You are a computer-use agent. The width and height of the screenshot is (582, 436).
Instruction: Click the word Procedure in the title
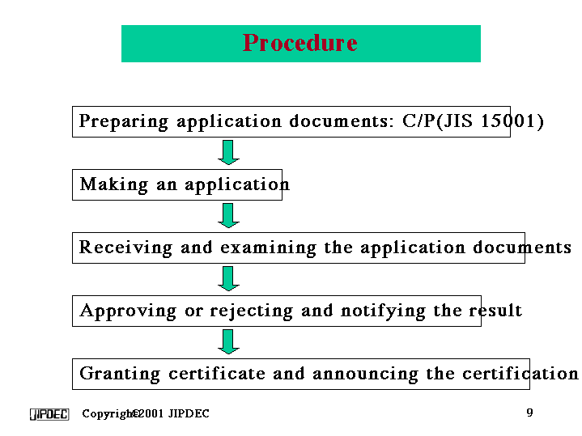point(299,43)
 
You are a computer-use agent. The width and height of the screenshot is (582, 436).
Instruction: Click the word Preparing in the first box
point(124,122)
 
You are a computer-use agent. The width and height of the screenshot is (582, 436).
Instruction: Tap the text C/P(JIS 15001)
point(473,122)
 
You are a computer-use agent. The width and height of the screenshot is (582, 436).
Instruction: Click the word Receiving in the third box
point(125,248)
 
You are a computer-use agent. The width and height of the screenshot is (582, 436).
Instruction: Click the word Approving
point(128,311)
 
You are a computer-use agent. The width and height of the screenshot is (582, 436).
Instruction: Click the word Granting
point(121,374)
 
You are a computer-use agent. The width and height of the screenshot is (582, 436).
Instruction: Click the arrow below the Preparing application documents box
point(229,152)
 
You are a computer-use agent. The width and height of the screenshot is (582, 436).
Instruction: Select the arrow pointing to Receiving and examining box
point(229,215)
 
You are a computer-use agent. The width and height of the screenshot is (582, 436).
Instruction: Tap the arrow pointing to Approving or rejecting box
point(229,278)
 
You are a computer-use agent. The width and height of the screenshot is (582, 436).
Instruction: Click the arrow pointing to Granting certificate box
point(229,341)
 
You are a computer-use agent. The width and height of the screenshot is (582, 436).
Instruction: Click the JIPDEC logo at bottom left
point(49,414)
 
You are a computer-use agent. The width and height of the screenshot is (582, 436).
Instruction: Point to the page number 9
point(529,413)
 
